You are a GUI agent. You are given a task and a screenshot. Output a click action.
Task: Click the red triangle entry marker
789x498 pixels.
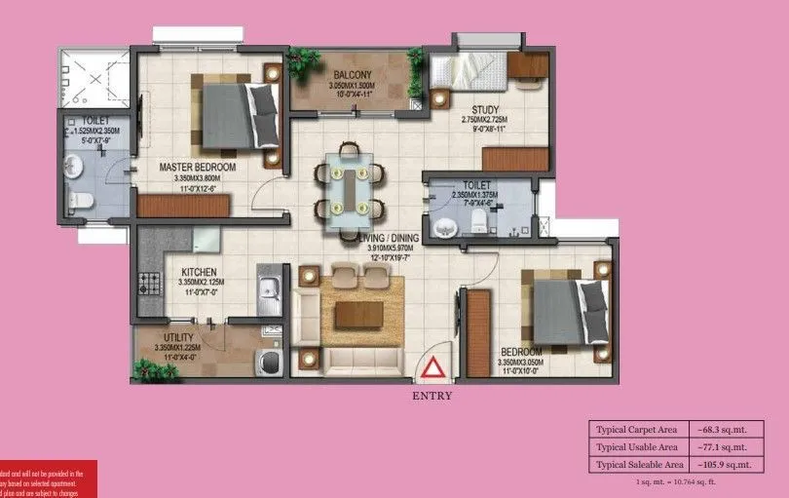(x=432, y=368)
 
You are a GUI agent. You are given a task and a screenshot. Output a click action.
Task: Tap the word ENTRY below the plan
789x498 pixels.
(x=432, y=397)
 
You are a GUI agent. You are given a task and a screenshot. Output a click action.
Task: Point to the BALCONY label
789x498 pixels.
(x=352, y=76)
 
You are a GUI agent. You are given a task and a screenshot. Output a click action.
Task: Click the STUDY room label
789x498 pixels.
(x=485, y=109)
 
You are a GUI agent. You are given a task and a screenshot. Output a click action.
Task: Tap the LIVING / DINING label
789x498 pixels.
(x=387, y=237)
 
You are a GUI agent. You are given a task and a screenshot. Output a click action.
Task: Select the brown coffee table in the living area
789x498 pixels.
(x=358, y=313)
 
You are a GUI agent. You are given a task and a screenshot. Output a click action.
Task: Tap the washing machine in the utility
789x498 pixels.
(x=267, y=362)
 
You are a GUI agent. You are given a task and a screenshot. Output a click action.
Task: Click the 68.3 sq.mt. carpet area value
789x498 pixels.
(x=723, y=429)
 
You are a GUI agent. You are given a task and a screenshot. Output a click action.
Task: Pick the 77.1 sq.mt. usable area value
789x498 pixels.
(x=723, y=447)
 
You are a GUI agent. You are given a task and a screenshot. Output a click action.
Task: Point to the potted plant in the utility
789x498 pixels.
(x=146, y=370)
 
